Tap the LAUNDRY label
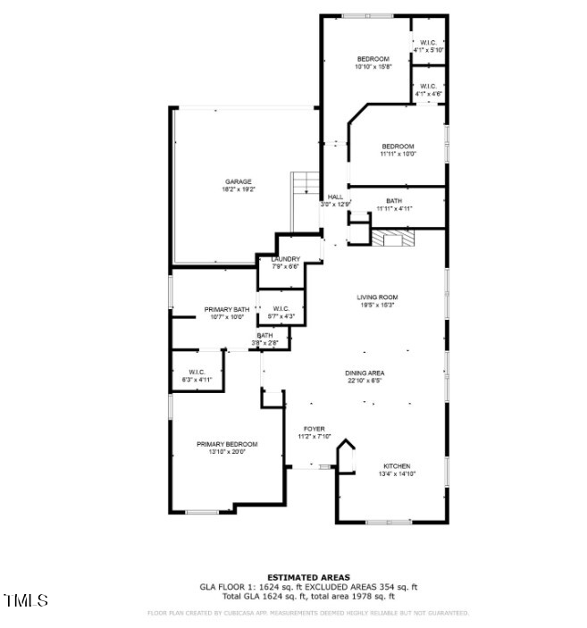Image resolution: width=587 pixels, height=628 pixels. point(285,259)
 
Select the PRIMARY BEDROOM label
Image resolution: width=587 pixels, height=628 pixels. point(227,444)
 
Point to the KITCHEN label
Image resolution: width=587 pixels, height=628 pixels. point(398,466)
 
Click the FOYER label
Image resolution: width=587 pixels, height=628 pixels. point(314,429)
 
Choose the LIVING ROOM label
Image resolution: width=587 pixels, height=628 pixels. point(377,297)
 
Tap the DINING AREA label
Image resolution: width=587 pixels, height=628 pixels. point(365,373)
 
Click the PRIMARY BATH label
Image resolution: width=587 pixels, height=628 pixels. point(227,309)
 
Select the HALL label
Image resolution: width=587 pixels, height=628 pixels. point(335,197)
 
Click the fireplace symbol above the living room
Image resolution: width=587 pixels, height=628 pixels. point(394,238)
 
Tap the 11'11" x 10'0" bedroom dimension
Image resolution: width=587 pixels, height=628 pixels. point(398,154)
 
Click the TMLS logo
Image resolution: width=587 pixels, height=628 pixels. point(26,600)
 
